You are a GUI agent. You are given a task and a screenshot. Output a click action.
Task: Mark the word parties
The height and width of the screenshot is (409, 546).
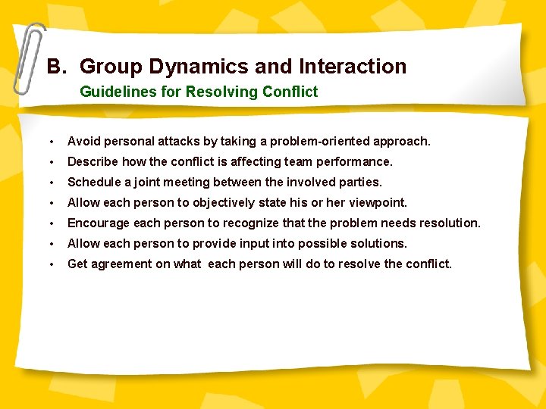(361, 182)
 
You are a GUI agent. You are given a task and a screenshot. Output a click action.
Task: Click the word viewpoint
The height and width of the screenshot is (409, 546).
(378, 202)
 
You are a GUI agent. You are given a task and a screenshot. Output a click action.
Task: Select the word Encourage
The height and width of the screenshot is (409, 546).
(99, 223)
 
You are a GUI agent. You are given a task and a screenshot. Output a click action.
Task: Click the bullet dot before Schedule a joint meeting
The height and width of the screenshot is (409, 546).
(50, 183)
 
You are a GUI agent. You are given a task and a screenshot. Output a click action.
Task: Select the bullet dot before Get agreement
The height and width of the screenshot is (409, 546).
(50, 264)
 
